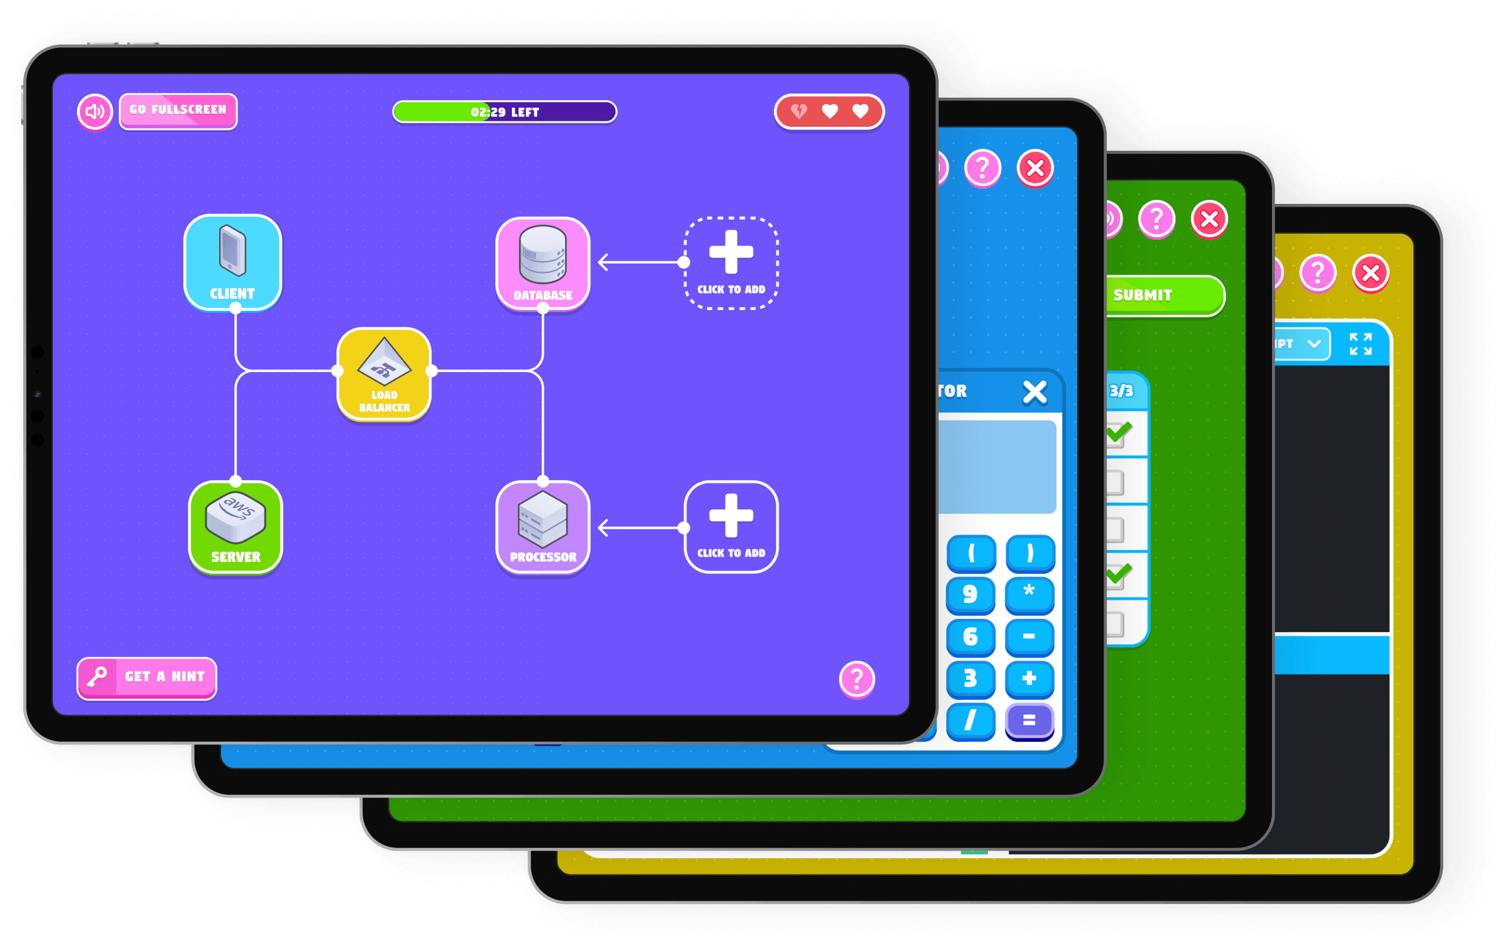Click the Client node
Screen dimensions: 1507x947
tap(232, 262)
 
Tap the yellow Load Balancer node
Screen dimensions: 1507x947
tap(384, 374)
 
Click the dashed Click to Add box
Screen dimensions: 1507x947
tap(731, 263)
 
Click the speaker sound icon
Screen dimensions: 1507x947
tap(95, 112)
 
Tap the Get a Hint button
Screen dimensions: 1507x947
tap(147, 677)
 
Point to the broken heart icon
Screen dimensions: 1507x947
tap(799, 111)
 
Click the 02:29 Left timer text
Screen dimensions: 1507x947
tap(505, 112)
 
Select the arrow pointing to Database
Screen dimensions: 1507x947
tap(637, 262)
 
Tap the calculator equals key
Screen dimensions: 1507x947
tap(1029, 720)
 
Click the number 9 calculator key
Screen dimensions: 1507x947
tap(970, 594)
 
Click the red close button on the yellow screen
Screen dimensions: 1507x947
tap(1370, 273)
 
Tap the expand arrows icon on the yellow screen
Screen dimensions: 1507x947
tap(1360, 344)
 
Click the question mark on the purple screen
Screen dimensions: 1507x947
tap(856, 679)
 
